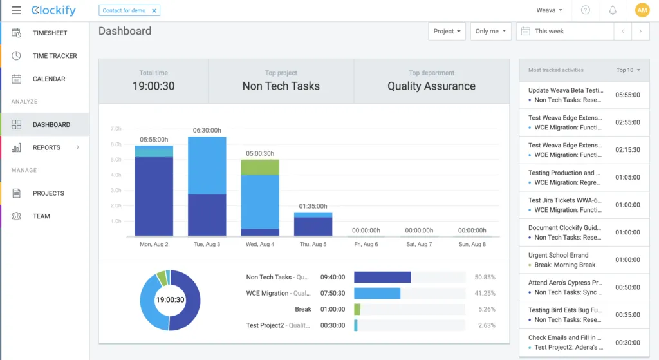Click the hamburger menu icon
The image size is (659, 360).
(x=16, y=10)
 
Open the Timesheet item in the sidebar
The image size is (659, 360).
(x=50, y=33)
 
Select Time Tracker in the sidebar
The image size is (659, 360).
(x=55, y=56)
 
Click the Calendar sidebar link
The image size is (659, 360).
(x=49, y=79)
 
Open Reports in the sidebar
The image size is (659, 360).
(x=46, y=147)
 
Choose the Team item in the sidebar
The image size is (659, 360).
(x=41, y=216)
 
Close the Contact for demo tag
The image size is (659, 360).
(x=154, y=10)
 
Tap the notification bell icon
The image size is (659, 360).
(x=613, y=10)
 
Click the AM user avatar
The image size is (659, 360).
(x=642, y=10)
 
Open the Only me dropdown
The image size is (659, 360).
(x=490, y=31)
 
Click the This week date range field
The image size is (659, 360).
(x=565, y=31)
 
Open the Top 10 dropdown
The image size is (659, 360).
(x=628, y=70)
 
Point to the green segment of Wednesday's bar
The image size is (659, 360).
(x=260, y=167)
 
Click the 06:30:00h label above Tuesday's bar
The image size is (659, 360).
(x=207, y=130)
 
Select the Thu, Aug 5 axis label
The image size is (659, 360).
(x=313, y=244)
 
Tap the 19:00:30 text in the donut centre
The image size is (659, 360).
(x=170, y=300)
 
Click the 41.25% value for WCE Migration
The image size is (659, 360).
(x=485, y=293)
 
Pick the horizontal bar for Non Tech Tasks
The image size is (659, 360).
(x=382, y=277)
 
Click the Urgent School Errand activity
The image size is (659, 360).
(x=558, y=255)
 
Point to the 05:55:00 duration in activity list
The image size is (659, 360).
(x=627, y=95)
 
